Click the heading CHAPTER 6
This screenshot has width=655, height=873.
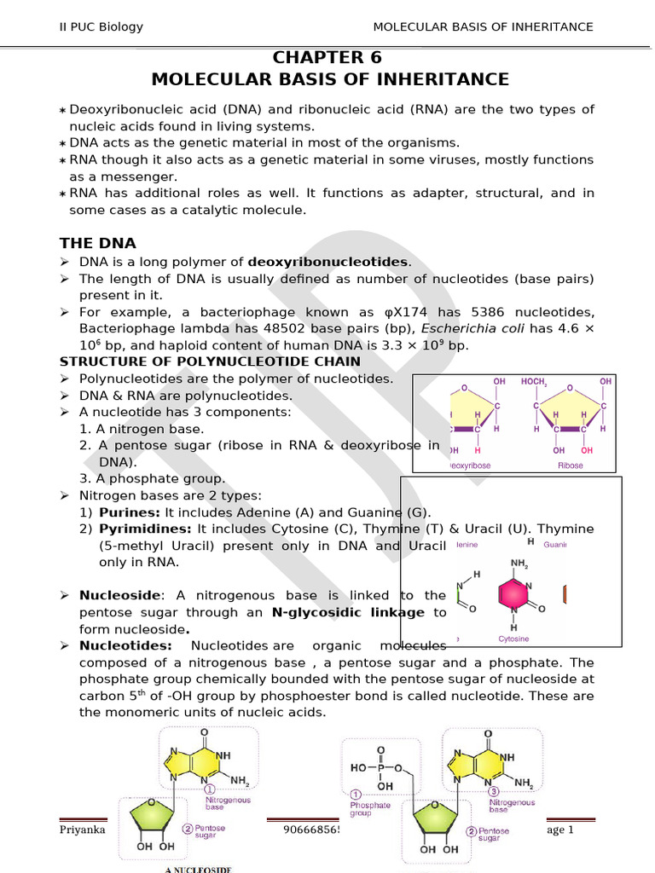point(327,58)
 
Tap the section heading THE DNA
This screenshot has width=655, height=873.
point(97,244)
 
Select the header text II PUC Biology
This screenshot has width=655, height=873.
point(101,26)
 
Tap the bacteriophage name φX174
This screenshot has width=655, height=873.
point(351,312)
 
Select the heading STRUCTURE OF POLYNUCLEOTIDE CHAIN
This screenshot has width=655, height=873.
point(210,362)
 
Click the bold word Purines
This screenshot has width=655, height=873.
point(130,512)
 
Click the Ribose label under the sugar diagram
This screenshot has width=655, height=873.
point(570,465)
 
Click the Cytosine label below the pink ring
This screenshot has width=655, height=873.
point(513,639)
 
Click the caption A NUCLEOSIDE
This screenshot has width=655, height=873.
point(198,870)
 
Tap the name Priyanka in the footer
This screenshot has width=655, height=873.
point(82,830)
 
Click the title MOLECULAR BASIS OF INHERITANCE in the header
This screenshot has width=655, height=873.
point(483,26)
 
